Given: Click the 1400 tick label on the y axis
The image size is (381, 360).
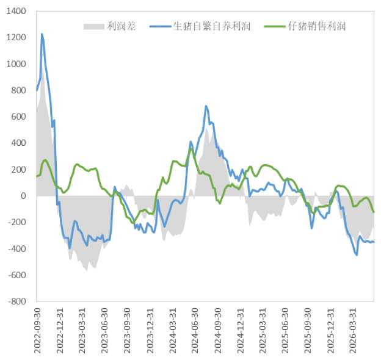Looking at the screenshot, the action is pyautogui.click(x=16, y=11).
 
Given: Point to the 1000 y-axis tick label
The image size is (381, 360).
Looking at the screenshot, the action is pyautogui.click(x=16, y=64).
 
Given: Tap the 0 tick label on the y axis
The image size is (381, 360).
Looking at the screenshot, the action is pyautogui.click(x=23, y=196).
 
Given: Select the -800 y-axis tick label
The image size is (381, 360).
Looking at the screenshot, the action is pyautogui.click(x=17, y=301).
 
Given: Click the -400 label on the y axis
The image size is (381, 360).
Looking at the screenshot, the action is pyautogui.click(x=17, y=248).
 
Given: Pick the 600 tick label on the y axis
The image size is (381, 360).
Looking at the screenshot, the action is pyautogui.click(x=18, y=117).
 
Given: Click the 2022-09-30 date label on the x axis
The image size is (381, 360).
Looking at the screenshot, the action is pyautogui.click(x=38, y=331).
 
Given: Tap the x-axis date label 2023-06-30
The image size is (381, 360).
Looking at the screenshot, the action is pyautogui.click(x=104, y=331).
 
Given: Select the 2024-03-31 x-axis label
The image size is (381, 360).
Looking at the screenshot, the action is pyautogui.click(x=172, y=331).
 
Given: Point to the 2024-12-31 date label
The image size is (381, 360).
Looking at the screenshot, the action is pyautogui.click(x=240, y=331).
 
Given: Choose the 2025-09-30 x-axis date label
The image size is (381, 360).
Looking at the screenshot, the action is pyautogui.click(x=307, y=331).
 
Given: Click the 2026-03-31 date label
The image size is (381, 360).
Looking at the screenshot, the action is pyautogui.click(x=352, y=331).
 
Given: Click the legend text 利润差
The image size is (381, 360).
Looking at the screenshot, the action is pyautogui.click(x=122, y=26).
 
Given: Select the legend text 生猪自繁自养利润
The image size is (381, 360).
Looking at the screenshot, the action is pyautogui.click(x=212, y=26).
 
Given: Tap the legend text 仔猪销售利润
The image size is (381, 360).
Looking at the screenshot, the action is pyautogui.click(x=317, y=26).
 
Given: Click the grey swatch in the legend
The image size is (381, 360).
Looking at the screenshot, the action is pyautogui.click(x=94, y=26).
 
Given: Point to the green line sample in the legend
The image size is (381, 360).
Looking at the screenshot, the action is pyautogui.click(x=275, y=26).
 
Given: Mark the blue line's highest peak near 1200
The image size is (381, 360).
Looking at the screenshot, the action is pyautogui.click(x=42, y=34).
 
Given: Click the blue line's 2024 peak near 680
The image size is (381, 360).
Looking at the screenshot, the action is pyautogui.click(x=206, y=106).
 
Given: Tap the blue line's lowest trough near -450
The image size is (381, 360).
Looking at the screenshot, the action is pyautogui.click(x=357, y=255).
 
